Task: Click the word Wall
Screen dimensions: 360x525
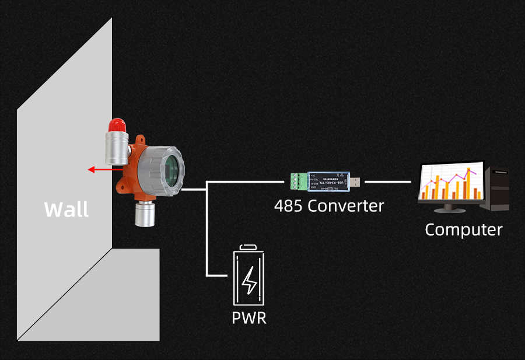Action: point(66,209)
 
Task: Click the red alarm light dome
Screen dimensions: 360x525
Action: point(117,124)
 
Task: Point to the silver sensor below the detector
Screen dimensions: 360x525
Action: point(144,214)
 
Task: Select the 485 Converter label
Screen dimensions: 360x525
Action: point(329,205)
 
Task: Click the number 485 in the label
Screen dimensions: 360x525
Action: point(289,205)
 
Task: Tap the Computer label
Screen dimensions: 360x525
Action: point(463,229)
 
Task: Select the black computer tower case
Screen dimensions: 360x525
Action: point(498,189)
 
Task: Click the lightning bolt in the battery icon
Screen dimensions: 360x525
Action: point(250,281)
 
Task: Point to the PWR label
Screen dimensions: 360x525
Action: point(249,319)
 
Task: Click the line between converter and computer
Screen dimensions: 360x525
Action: point(387,181)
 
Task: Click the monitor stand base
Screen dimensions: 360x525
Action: point(449,209)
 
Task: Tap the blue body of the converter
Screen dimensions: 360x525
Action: point(327,181)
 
